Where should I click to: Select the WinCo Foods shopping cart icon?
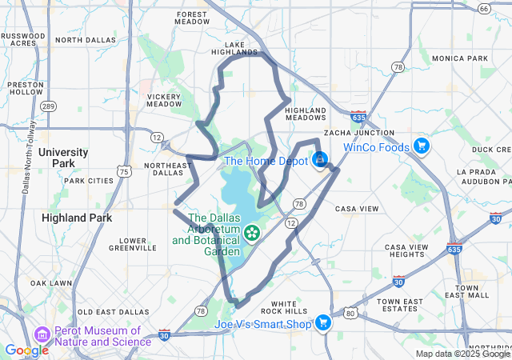coord(422,146)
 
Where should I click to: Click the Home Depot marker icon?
coord(320,159)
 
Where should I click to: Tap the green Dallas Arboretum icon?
coord(253,234)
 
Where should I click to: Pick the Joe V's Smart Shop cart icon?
coord(323,323)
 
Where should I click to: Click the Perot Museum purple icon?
coord(42,334)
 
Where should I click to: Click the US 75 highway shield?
coord(122,171)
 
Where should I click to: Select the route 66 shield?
coord(483,8)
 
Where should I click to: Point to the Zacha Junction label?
coord(358,133)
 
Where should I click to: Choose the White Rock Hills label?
coord(289,307)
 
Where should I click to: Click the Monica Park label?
coord(459,58)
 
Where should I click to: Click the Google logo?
coord(26,350)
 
